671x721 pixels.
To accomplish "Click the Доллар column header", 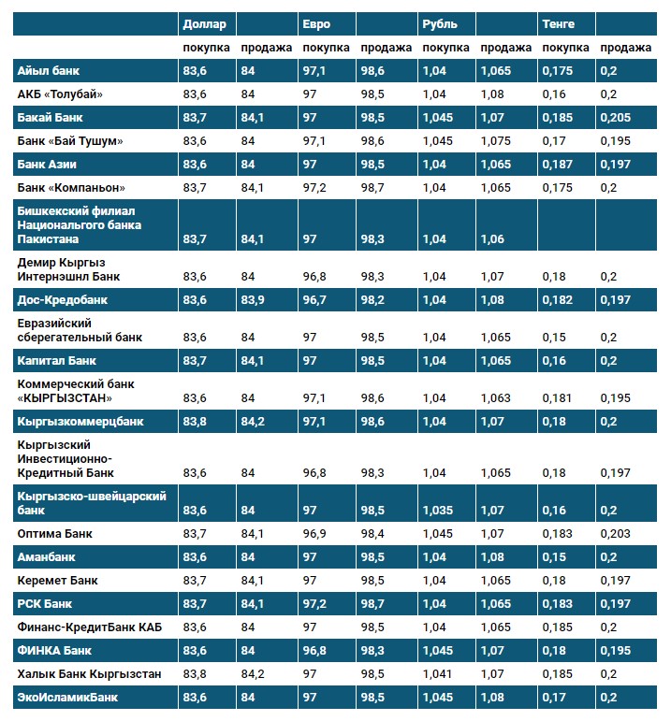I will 203,23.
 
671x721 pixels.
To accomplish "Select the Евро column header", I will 315,23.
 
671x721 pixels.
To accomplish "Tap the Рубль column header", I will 439,23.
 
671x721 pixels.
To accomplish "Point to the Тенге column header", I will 558,23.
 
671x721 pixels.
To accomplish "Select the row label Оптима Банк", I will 55,533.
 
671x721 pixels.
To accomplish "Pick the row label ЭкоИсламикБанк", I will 67,697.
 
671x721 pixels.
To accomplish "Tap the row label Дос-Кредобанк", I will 63,300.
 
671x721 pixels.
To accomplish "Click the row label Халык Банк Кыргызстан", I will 89,673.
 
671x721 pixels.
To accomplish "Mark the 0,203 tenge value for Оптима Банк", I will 615,533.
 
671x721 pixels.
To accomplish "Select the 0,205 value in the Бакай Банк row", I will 615,118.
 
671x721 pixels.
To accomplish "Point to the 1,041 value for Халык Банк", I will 437,673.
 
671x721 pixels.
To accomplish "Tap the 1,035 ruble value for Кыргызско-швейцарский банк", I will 437,511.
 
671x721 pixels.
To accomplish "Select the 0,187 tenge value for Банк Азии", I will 558,165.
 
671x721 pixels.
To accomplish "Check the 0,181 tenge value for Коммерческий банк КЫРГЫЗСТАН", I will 558,397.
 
